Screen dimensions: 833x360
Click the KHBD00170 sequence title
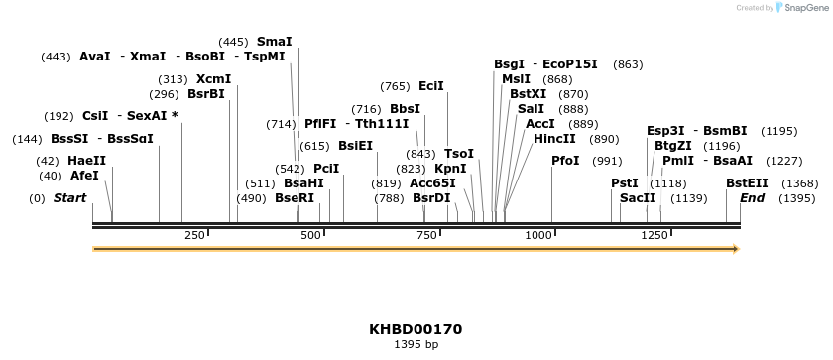pyautogui.click(x=416, y=329)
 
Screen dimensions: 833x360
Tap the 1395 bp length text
pyautogui.click(x=416, y=345)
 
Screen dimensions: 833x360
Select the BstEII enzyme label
pyautogui.click(x=747, y=183)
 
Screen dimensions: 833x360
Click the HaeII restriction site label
pyautogui.click(x=86, y=161)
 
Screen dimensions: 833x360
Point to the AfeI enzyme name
pyautogui.click(x=84, y=176)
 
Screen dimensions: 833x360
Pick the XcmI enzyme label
pyautogui.click(x=213, y=79)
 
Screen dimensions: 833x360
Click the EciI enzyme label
pyautogui.click(x=431, y=86)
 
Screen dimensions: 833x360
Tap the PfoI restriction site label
pyautogui.click(x=565, y=161)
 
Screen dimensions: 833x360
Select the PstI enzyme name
pyautogui.click(x=624, y=183)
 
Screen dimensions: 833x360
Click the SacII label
pyautogui.click(x=638, y=198)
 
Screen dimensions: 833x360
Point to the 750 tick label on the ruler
pyautogui.click(x=428, y=235)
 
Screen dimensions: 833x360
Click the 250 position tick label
pyautogui.click(x=194, y=235)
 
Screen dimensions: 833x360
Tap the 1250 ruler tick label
pyautogui.click(x=654, y=235)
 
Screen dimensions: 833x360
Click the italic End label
pyautogui.click(x=752, y=198)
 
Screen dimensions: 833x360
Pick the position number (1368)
pyautogui.click(x=799, y=183)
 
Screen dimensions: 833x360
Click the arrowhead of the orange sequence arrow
pyautogui.click(x=736, y=249)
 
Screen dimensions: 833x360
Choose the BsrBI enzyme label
pyautogui.click(x=205, y=95)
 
